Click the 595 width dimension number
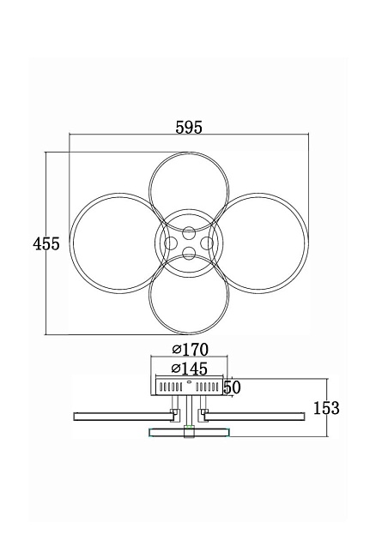[x=189, y=128]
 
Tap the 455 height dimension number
[x=46, y=243]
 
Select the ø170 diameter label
[x=191, y=350]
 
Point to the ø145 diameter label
[x=190, y=369]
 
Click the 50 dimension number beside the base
[x=232, y=387]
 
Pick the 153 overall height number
[x=326, y=408]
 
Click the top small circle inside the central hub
[x=189, y=233]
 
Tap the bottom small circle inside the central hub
[x=189, y=255]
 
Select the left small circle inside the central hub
[x=171, y=243]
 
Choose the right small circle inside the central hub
[x=207, y=243]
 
